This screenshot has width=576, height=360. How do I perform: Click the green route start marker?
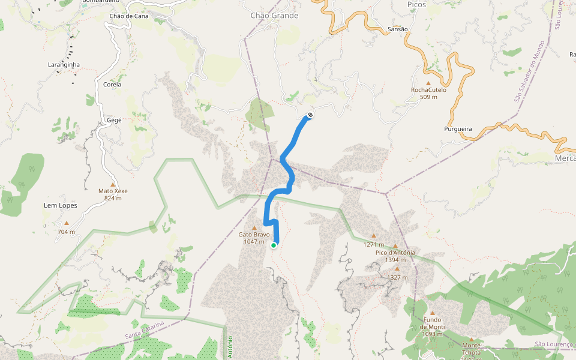click(274, 245)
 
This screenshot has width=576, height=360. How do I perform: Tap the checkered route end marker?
click(310, 115)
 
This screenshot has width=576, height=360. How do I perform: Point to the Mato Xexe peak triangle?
click(112, 184)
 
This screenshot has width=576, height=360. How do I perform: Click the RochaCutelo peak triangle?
click(428, 83)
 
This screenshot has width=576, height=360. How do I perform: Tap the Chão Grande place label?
click(274, 16)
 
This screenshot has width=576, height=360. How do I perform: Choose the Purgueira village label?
click(458, 129)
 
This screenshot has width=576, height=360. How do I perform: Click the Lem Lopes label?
click(61, 205)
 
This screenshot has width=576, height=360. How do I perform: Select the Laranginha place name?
click(64, 64)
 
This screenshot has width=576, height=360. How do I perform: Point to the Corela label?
click(112, 85)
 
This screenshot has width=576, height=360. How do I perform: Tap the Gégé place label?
click(114, 120)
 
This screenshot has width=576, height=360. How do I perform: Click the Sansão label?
click(398, 29)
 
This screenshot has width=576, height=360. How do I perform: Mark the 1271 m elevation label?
click(373, 244)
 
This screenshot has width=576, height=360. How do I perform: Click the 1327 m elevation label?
click(397, 277)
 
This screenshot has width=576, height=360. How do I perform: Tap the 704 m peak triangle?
click(67, 223)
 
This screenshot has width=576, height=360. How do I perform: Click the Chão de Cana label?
click(129, 16)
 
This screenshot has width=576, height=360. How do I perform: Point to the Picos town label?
click(416, 4)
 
